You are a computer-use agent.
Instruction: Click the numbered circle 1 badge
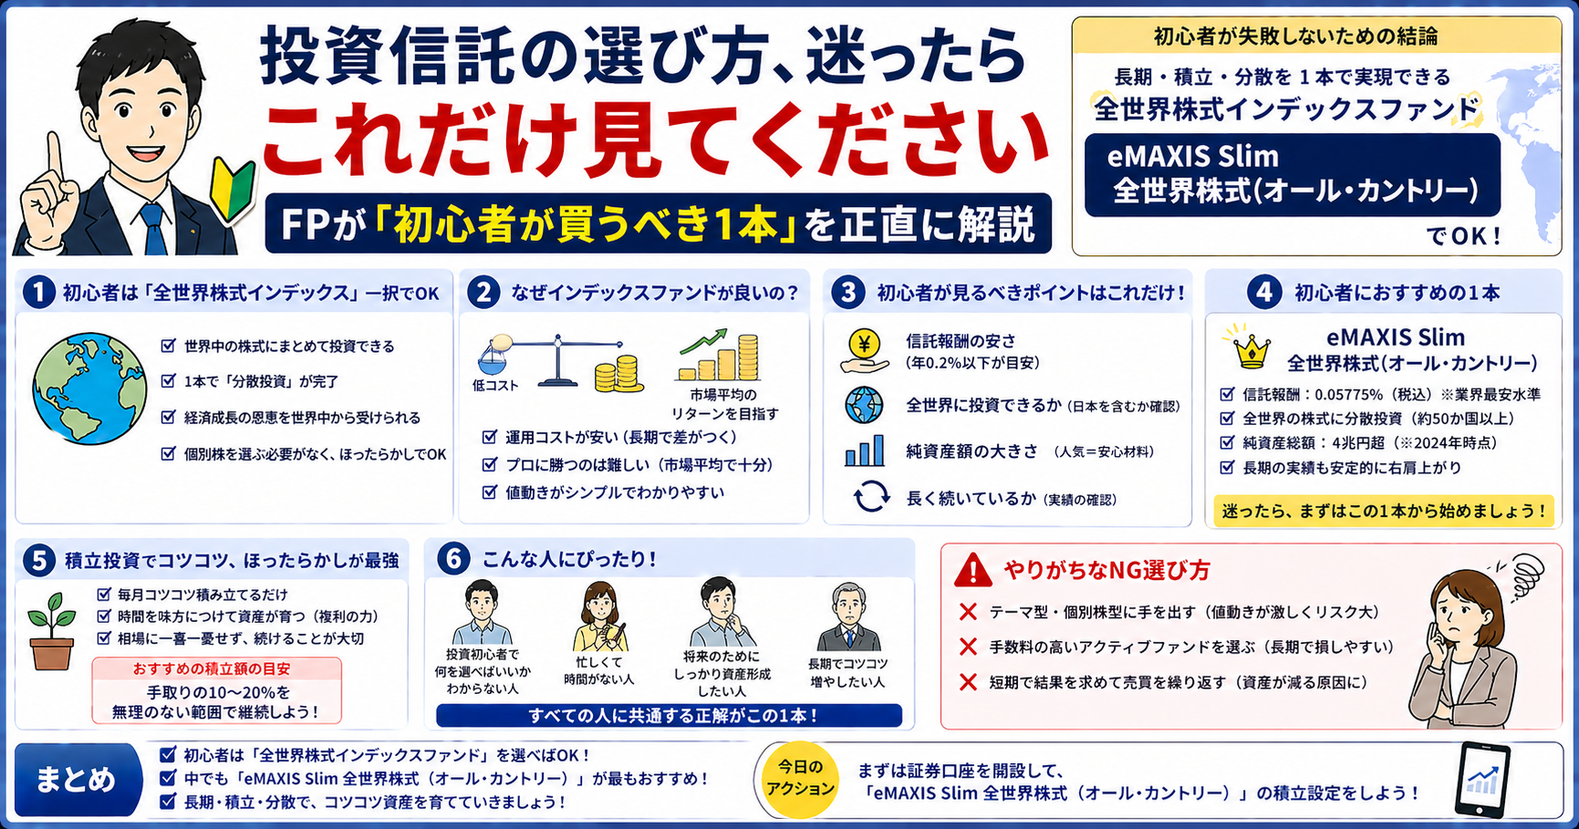pos(38,293)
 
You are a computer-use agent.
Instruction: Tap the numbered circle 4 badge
pos(1263,293)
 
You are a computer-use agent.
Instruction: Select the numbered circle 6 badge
pos(453,559)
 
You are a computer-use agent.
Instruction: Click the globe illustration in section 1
pos(88,389)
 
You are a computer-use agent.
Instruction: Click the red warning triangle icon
pos(972,570)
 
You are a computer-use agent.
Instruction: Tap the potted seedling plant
pos(52,631)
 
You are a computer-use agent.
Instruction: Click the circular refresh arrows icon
pos(871,497)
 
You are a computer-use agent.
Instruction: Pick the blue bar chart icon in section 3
pos(864,451)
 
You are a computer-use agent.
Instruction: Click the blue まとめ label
pos(78,780)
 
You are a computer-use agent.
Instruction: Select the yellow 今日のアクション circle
pos(800,779)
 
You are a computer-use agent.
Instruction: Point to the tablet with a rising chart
pos(1483,781)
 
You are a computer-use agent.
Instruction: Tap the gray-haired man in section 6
pos(847,617)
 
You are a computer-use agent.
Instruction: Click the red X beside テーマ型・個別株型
pos(968,612)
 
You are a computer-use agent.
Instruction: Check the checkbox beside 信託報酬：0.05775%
pos(1227,395)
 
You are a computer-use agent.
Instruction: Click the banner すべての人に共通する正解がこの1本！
pos(669,716)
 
